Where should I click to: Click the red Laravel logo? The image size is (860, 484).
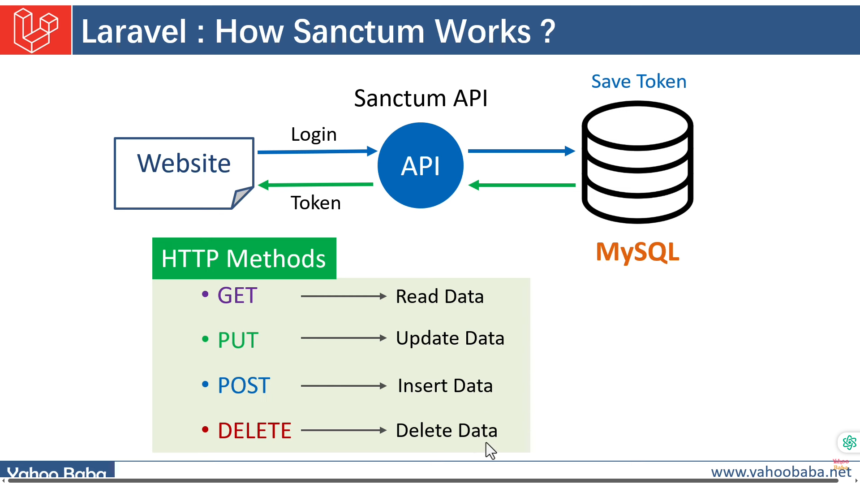(x=36, y=30)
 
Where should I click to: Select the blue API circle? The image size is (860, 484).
(x=421, y=165)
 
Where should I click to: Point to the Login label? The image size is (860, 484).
(x=314, y=134)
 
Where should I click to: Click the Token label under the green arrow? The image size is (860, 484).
(x=316, y=203)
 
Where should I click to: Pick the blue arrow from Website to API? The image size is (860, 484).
(x=317, y=151)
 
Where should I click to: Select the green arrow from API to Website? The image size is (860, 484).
(x=316, y=185)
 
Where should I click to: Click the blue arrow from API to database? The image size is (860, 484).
(x=521, y=151)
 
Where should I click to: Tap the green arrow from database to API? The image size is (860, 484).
(x=522, y=185)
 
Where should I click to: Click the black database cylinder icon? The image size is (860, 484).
(x=637, y=162)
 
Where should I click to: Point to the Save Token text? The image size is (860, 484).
(x=639, y=82)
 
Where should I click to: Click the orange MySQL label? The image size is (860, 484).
(x=637, y=252)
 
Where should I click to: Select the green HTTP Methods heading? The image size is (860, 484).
(x=244, y=259)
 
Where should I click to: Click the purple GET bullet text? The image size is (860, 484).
(x=237, y=296)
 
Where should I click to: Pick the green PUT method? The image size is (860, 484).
(x=238, y=340)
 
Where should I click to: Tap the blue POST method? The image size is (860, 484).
(x=244, y=385)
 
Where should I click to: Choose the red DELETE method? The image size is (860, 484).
(x=254, y=431)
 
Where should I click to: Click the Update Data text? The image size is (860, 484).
(x=450, y=338)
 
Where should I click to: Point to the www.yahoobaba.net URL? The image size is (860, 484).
(x=781, y=472)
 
